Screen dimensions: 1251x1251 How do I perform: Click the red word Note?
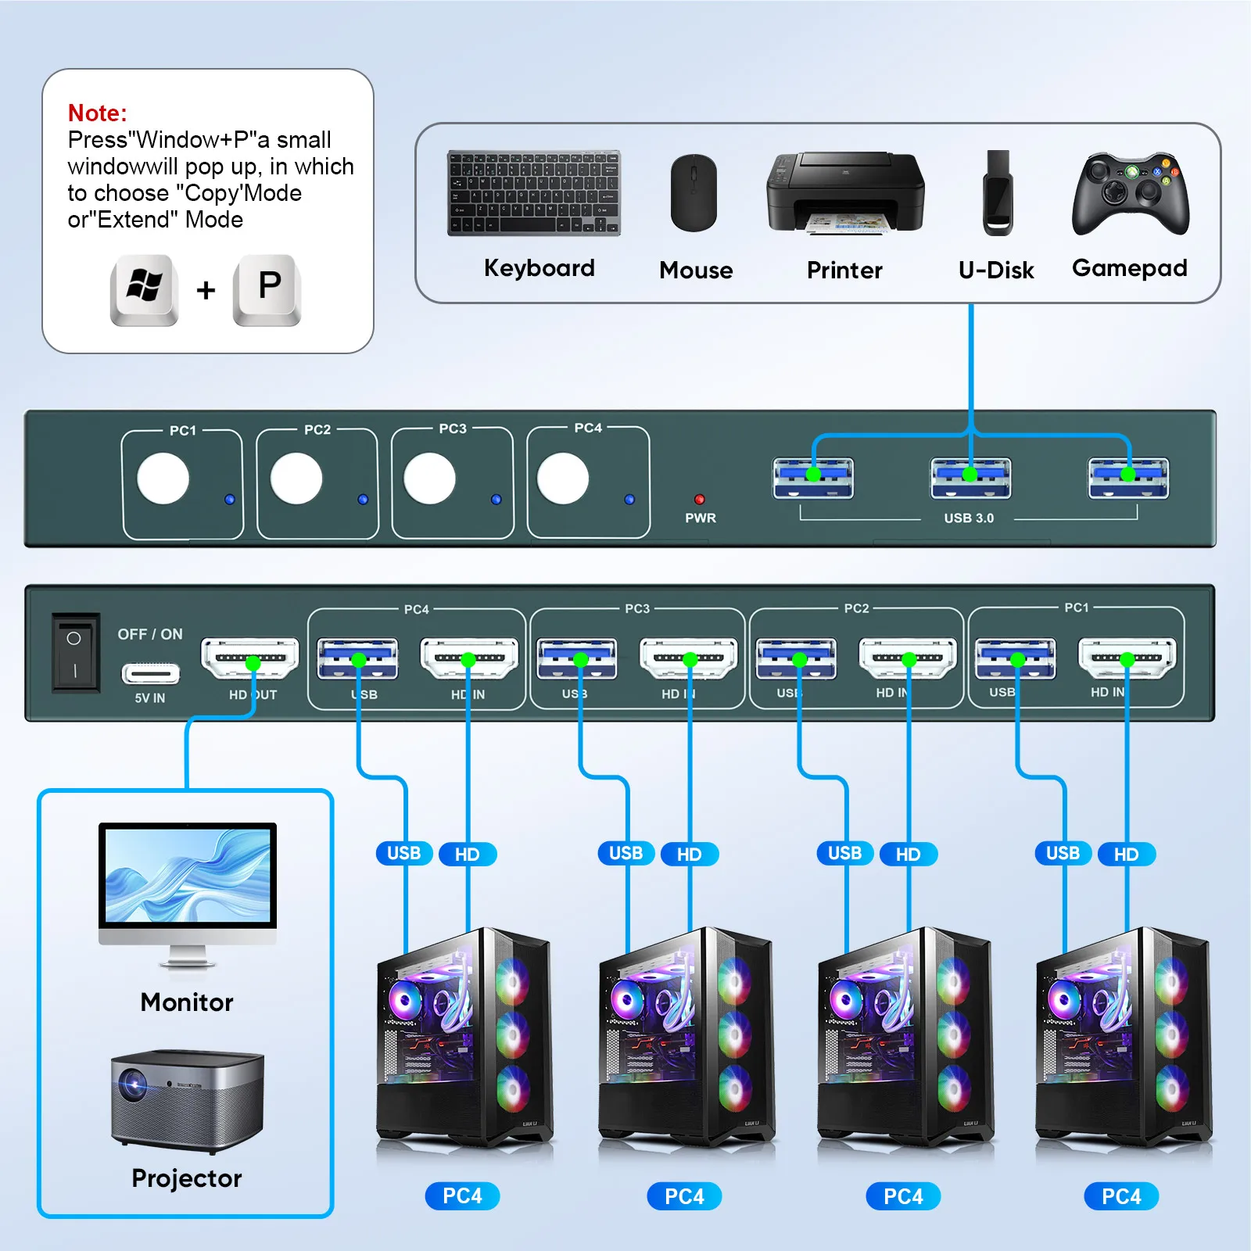(97, 113)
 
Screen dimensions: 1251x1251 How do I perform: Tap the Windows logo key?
(145, 289)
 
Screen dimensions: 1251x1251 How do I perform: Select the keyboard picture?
(533, 193)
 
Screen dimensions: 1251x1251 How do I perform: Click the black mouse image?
(694, 193)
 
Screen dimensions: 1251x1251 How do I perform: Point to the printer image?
(845, 192)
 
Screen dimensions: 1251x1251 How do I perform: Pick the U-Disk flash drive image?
(997, 193)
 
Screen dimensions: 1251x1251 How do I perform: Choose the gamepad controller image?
(1130, 193)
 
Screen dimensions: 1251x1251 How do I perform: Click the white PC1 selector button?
(163, 478)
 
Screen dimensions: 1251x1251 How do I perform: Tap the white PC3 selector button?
(429, 478)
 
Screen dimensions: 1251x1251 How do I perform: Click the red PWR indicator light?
(700, 499)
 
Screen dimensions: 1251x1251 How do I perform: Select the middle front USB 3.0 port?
(970, 478)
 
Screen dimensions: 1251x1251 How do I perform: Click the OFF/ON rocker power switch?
(75, 654)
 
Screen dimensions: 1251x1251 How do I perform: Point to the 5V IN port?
(150, 673)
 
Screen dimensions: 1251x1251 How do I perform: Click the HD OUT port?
(250, 658)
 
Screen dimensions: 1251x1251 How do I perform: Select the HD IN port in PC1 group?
(1127, 658)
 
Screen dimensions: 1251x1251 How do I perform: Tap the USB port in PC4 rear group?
(357, 658)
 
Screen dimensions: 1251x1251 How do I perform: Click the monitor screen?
(188, 875)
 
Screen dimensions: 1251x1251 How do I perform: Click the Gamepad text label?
(1129, 268)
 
